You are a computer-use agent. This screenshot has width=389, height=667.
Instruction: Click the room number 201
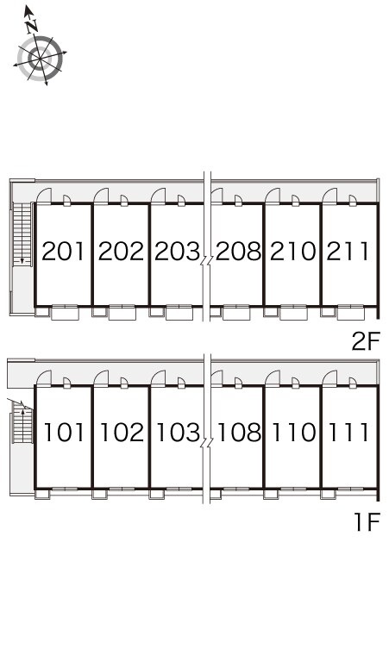(x=64, y=251)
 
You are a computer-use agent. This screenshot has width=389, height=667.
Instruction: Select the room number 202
(x=121, y=251)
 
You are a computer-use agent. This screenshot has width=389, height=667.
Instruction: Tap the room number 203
(x=177, y=251)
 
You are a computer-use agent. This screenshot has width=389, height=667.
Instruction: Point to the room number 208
(x=238, y=251)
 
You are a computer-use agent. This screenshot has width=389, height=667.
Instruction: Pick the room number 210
(x=293, y=251)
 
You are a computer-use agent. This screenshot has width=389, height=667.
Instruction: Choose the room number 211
(x=348, y=251)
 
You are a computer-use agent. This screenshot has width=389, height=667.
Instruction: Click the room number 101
(x=65, y=433)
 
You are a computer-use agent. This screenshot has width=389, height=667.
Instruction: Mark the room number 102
(x=122, y=433)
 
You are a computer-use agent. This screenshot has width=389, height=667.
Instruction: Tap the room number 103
(x=179, y=433)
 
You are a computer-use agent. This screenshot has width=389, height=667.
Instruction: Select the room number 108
(x=239, y=433)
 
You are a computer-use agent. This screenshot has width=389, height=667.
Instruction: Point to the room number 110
(x=294, y=433)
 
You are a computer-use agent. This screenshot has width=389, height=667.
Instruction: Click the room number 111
(x=348, y=433)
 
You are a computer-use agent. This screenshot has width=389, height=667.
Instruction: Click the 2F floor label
(x=365, y=341)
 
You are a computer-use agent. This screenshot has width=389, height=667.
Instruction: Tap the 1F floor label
(x=367, y=522)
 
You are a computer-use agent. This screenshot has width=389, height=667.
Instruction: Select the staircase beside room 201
(x=22, y=234)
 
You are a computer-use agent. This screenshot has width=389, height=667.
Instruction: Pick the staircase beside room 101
(x=22, y=422)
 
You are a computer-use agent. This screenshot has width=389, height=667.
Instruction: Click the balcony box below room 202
(x=122, y=313)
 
